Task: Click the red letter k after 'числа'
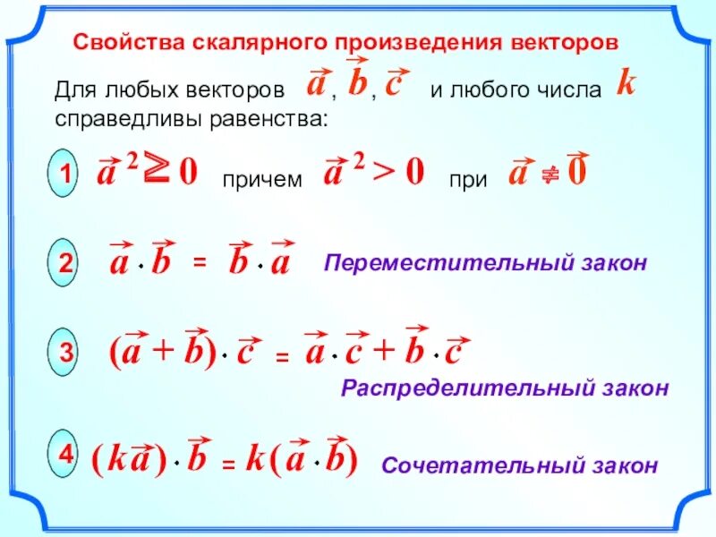(626, 85)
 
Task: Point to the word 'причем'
(260, 179)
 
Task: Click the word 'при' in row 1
(468, 179)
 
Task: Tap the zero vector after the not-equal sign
(577, 172)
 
